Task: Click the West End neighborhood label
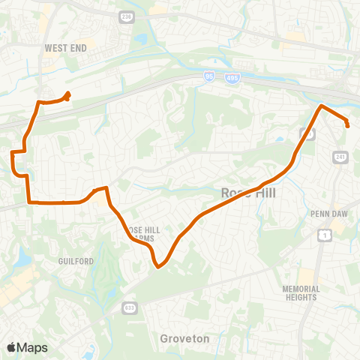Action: (x=66, y=48)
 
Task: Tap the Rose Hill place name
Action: (x=249, y=193)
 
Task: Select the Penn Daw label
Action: (x=326, y=213)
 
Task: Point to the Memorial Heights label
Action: (x=301, y=293)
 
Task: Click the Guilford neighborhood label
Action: (x=76, y=261)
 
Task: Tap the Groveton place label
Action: (x=184, y=338)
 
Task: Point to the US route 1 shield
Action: (x=325, y=235)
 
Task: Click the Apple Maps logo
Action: (x=27, y=347)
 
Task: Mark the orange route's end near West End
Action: (x=69, y=94)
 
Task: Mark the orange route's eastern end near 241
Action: (x=348, y=126)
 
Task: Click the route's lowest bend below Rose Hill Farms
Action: (x=158, y=265)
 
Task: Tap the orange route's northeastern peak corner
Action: (x=322, y=106)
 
